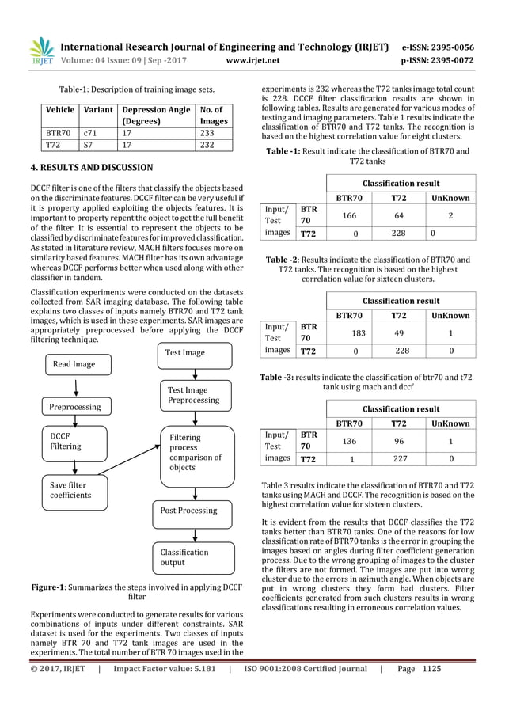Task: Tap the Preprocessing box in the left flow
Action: pyautogui.click(x=75, y=407)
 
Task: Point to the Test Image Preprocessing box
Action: pyautogui.click(x=199, y=395)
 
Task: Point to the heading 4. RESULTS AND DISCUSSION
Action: pyautogui.click(x=82, y=168)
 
